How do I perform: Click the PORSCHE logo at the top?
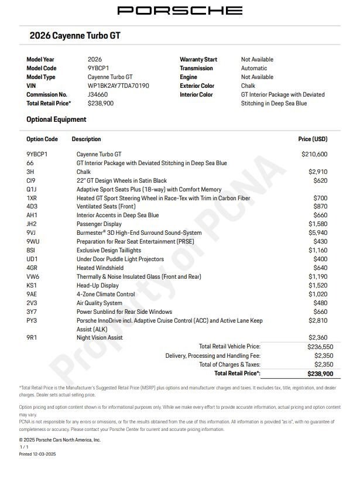pos(180,10)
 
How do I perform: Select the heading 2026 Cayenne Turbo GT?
pos(75,36)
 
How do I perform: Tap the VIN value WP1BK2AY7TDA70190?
pos(118,85)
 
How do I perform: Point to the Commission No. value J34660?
pos(98,94)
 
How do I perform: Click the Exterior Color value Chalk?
pos(248,85)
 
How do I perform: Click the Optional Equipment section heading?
pos(56,119)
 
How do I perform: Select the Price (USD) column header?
pos(313,139)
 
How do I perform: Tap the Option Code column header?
pos(42,139)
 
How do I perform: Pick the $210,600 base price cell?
pos(314,155)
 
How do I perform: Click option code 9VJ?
pos(32,232)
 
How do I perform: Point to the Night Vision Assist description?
pos(100,337)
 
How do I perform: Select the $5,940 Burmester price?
pos(318,232)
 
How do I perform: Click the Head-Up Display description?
pos(97,285)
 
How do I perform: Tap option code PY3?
pos(32,320)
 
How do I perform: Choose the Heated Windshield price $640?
pos(320,268)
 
